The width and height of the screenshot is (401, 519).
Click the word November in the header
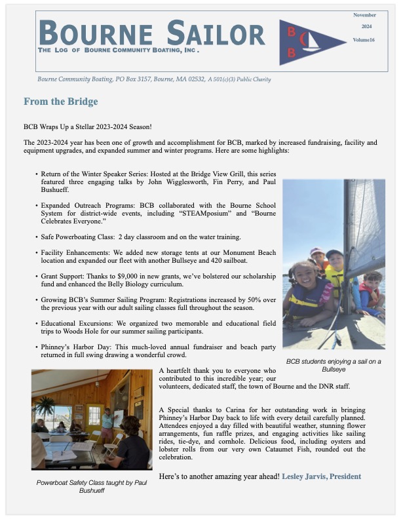(365, 14)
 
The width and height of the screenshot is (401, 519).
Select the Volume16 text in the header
(364, 40)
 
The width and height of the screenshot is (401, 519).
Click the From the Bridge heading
(60, 102)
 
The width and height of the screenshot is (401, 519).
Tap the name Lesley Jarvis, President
(321, 476)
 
